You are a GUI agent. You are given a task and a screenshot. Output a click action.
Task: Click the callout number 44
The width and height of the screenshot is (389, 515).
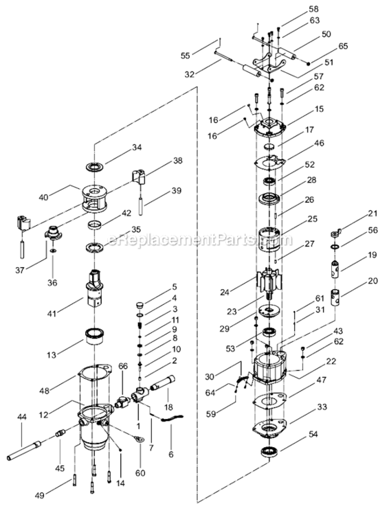coord(22,417)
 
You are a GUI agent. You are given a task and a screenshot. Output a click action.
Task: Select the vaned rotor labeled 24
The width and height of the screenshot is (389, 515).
coord(269,282)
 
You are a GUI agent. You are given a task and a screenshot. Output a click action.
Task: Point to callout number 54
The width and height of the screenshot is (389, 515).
coord(313,434)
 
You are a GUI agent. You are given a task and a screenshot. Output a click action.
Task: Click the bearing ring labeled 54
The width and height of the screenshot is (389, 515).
coord(270,452)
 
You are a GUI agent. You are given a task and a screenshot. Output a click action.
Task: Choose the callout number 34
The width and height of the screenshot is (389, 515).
coord(137,148)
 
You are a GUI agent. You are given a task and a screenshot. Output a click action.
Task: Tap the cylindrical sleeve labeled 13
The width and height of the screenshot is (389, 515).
coord(95,336)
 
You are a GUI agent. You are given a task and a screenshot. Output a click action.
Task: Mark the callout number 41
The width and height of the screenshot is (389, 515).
coord(52,313)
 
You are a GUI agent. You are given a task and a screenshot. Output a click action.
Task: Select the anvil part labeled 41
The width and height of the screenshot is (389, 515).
coord(95,288)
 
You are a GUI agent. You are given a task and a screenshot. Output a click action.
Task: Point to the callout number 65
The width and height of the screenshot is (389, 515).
coord(343,46)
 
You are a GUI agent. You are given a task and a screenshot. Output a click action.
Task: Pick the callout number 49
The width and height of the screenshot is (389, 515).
coord(39,495)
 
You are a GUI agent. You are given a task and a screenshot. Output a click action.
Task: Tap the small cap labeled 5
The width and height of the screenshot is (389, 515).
coord(140,306)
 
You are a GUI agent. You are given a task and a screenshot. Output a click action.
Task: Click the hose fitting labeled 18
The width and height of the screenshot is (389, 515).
coord(163,383)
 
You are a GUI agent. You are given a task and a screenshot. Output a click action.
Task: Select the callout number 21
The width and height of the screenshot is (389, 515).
coord(373,214)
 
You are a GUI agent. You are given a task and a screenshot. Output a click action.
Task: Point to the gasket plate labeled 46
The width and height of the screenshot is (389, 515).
coord(269,163)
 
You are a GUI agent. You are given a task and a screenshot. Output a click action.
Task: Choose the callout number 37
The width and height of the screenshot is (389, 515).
coord(20,271)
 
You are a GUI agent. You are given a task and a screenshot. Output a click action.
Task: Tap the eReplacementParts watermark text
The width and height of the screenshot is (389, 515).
coord(199,240)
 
